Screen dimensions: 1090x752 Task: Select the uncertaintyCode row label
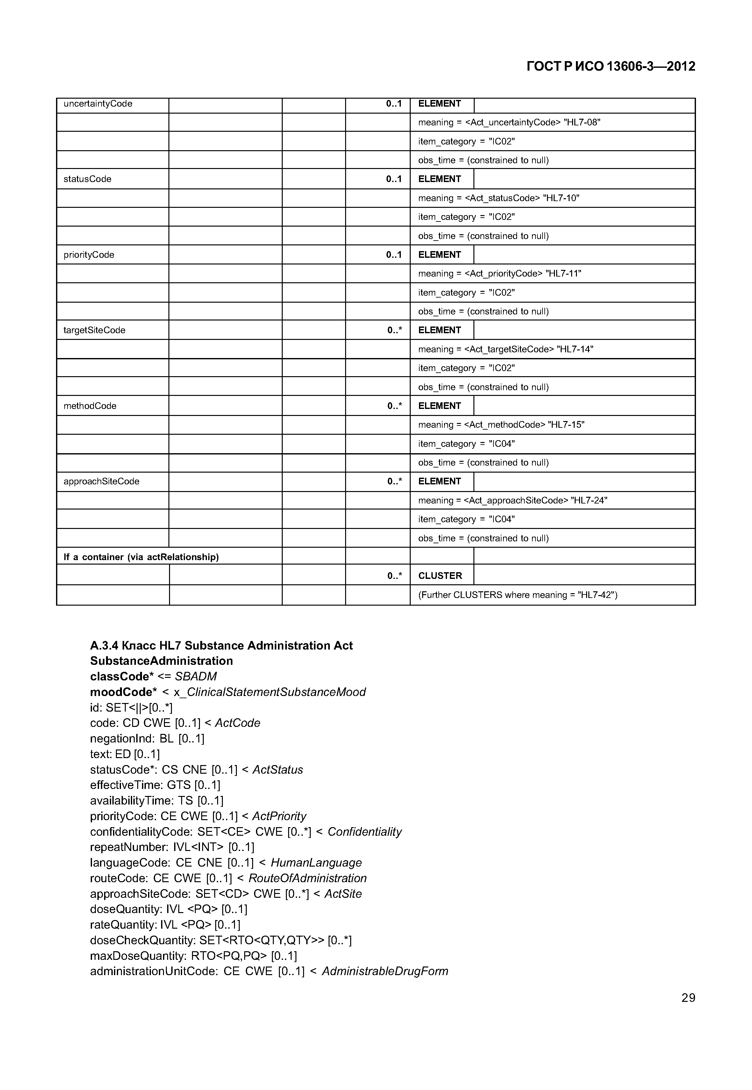(98, 104)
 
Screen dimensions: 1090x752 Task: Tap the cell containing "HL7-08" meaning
(509, 123)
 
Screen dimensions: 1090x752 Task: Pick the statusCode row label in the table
(88, 179)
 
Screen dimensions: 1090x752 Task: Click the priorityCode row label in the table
(89, 255)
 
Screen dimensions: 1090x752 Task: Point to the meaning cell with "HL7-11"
(500, 274)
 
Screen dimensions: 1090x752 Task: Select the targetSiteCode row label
(94, 330)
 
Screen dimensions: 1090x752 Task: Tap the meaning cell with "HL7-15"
(501, 425)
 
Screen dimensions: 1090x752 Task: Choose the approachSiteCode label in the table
(101, 482)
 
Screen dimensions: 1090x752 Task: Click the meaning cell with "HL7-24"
(513, 500)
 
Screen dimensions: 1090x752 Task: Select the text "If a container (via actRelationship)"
(141, 557)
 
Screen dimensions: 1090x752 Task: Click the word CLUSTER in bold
(440, 576)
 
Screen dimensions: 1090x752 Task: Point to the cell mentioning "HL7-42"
(517, 595)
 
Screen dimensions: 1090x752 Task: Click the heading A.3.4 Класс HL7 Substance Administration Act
(221, 645)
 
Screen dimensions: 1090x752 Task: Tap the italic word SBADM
(195, 676)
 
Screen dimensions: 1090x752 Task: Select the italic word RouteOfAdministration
(307, 878)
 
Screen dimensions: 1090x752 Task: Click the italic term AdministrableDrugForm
(385, 971)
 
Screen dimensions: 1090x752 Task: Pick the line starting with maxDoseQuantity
(193, 956)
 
